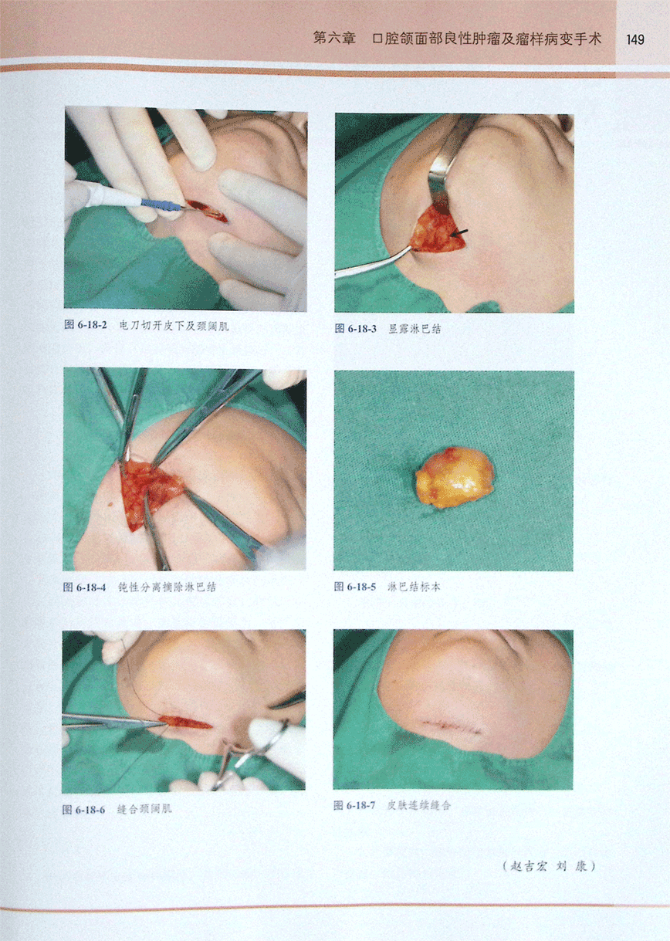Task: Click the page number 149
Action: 634,39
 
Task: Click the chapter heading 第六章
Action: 334,39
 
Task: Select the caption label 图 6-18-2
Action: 86,325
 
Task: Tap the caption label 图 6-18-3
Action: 356,328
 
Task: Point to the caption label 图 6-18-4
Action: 84,587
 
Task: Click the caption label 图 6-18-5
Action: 355,586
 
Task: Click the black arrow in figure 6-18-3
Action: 459,232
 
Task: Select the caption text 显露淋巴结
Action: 415,329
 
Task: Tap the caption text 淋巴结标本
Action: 414,587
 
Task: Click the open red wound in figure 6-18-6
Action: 184,723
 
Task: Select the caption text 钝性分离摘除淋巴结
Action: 167,587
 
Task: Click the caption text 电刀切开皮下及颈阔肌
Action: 174,326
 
